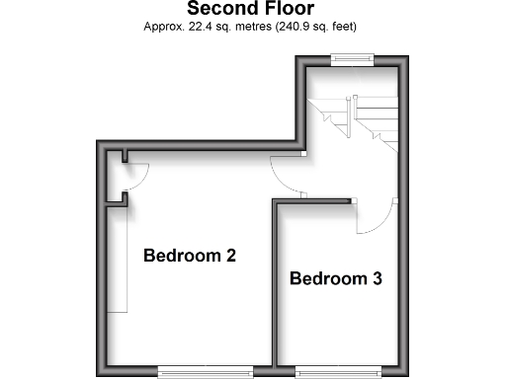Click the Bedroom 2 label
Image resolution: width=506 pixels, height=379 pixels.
pos(190,257)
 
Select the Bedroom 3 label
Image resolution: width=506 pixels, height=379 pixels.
pos(335,279)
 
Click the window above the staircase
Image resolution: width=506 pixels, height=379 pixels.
pos(352,59)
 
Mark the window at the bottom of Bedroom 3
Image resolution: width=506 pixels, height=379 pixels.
pos(339,372)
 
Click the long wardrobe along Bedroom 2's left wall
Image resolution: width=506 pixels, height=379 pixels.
pos(118,257)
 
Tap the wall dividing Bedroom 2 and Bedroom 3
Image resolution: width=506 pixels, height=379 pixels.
pos(275,286)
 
